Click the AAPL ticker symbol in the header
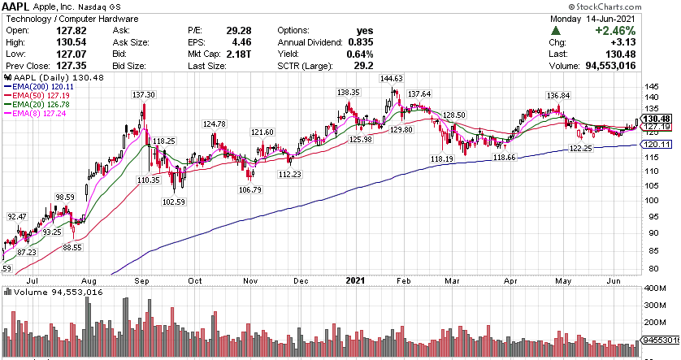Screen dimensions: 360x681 point(19,6)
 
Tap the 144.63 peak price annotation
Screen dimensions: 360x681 point(391,79)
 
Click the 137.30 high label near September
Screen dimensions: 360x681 point(145,95)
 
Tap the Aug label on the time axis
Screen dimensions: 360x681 point(89,280)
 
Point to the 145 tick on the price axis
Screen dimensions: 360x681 point(650,87)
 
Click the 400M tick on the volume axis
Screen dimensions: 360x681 point(653,288)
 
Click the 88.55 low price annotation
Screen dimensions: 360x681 point(72,247)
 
